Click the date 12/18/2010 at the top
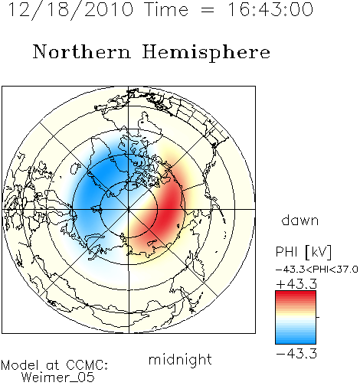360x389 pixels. coord(70,9)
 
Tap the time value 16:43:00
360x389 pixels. coord(270,9)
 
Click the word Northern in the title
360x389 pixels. coord(82,51)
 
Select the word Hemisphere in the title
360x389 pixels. coord(206,52)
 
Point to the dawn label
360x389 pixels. coord(300,220)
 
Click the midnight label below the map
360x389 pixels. coord(180,359)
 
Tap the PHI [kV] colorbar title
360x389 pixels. coord(304,252)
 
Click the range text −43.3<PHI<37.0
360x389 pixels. coord(317,270)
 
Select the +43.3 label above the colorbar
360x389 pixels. coord(296,284)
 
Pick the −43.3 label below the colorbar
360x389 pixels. coord(296,354)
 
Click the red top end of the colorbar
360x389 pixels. coord(296,293)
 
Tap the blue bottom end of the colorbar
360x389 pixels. coord(296,342)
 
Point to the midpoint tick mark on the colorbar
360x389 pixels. coord(318,317)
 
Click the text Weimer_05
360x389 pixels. coord(58,378)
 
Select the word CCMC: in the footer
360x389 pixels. coord(87,365)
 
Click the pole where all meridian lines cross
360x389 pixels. coord(129,210)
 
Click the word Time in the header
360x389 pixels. coord(166,9)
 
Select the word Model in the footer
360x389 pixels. coord(20,365)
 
